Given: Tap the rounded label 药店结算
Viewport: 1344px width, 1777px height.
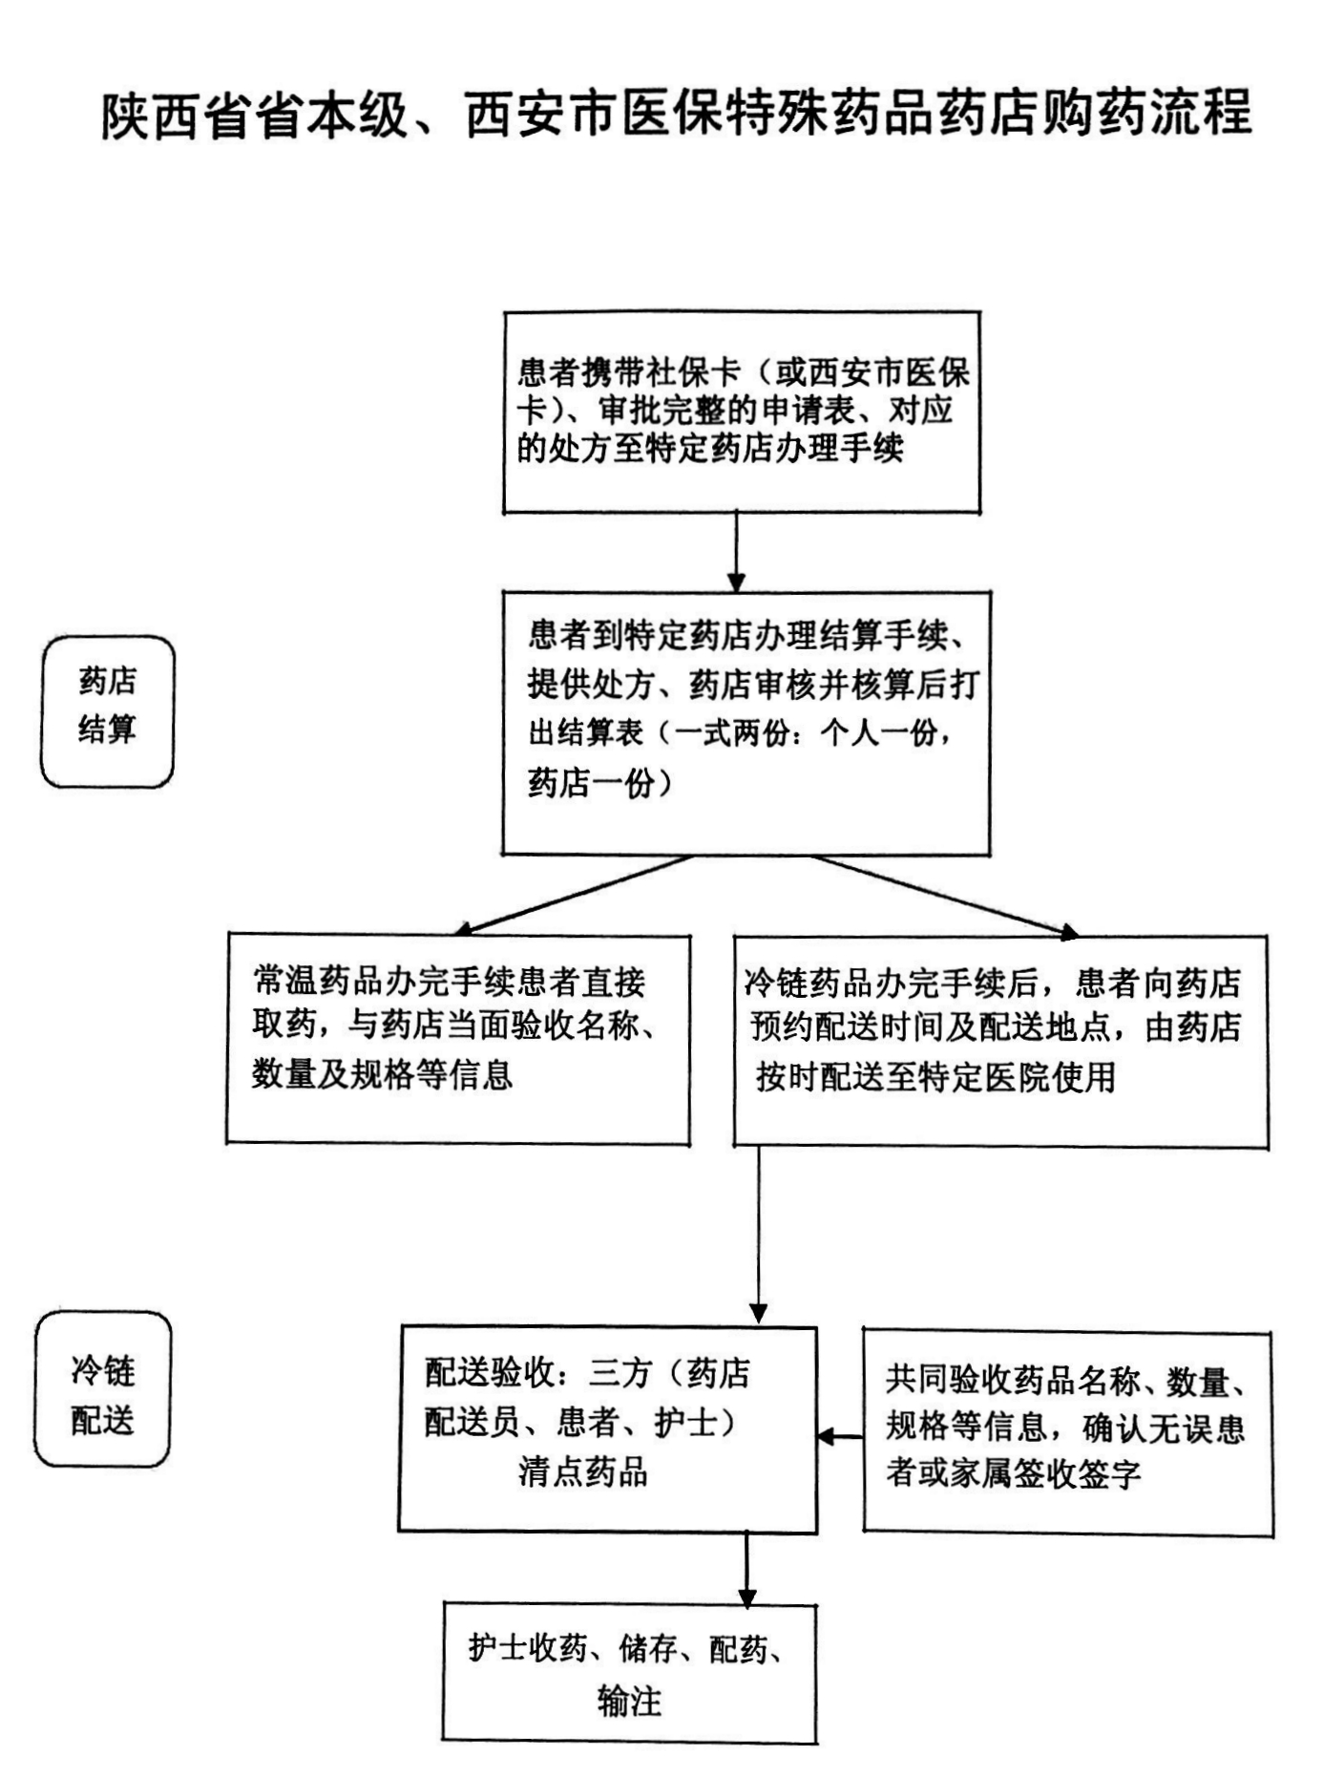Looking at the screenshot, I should click(x=107, y=711).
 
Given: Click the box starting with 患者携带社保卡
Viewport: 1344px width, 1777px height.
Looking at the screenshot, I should click(x=742, y=412).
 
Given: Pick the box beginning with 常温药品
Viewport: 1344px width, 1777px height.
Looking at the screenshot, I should click(x=458, y=1038).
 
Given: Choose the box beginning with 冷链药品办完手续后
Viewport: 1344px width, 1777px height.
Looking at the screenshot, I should click(x=999, y=1041).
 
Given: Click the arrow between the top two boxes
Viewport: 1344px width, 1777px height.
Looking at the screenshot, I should click(x=736, y=551).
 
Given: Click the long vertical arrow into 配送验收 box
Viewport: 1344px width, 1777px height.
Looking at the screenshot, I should click(x=759, y=1232).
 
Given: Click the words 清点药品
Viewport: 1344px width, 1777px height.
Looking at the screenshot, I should click(x=583, y=1472).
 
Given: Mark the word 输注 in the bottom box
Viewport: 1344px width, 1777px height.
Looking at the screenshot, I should click(x=629, y=1701).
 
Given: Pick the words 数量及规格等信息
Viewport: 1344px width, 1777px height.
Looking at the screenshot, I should click(x=382, y=1074).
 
